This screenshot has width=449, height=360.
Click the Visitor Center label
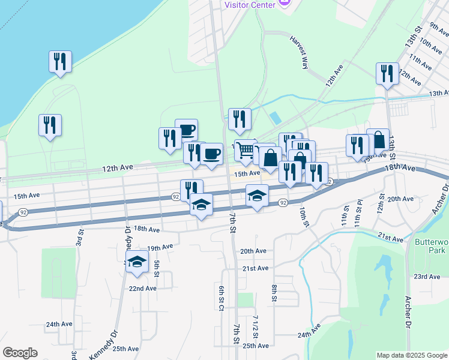[x=250, y=4]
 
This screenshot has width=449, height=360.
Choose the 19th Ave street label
[x=160, y=247]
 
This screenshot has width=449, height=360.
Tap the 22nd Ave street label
[x=143, y=288]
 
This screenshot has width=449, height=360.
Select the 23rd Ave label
[x=427, y=277]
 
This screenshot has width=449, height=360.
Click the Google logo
[x=20, y=353]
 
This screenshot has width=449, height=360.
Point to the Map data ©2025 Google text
[x=411, y=355]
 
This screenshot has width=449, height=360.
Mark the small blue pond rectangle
[x=274, y=118]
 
